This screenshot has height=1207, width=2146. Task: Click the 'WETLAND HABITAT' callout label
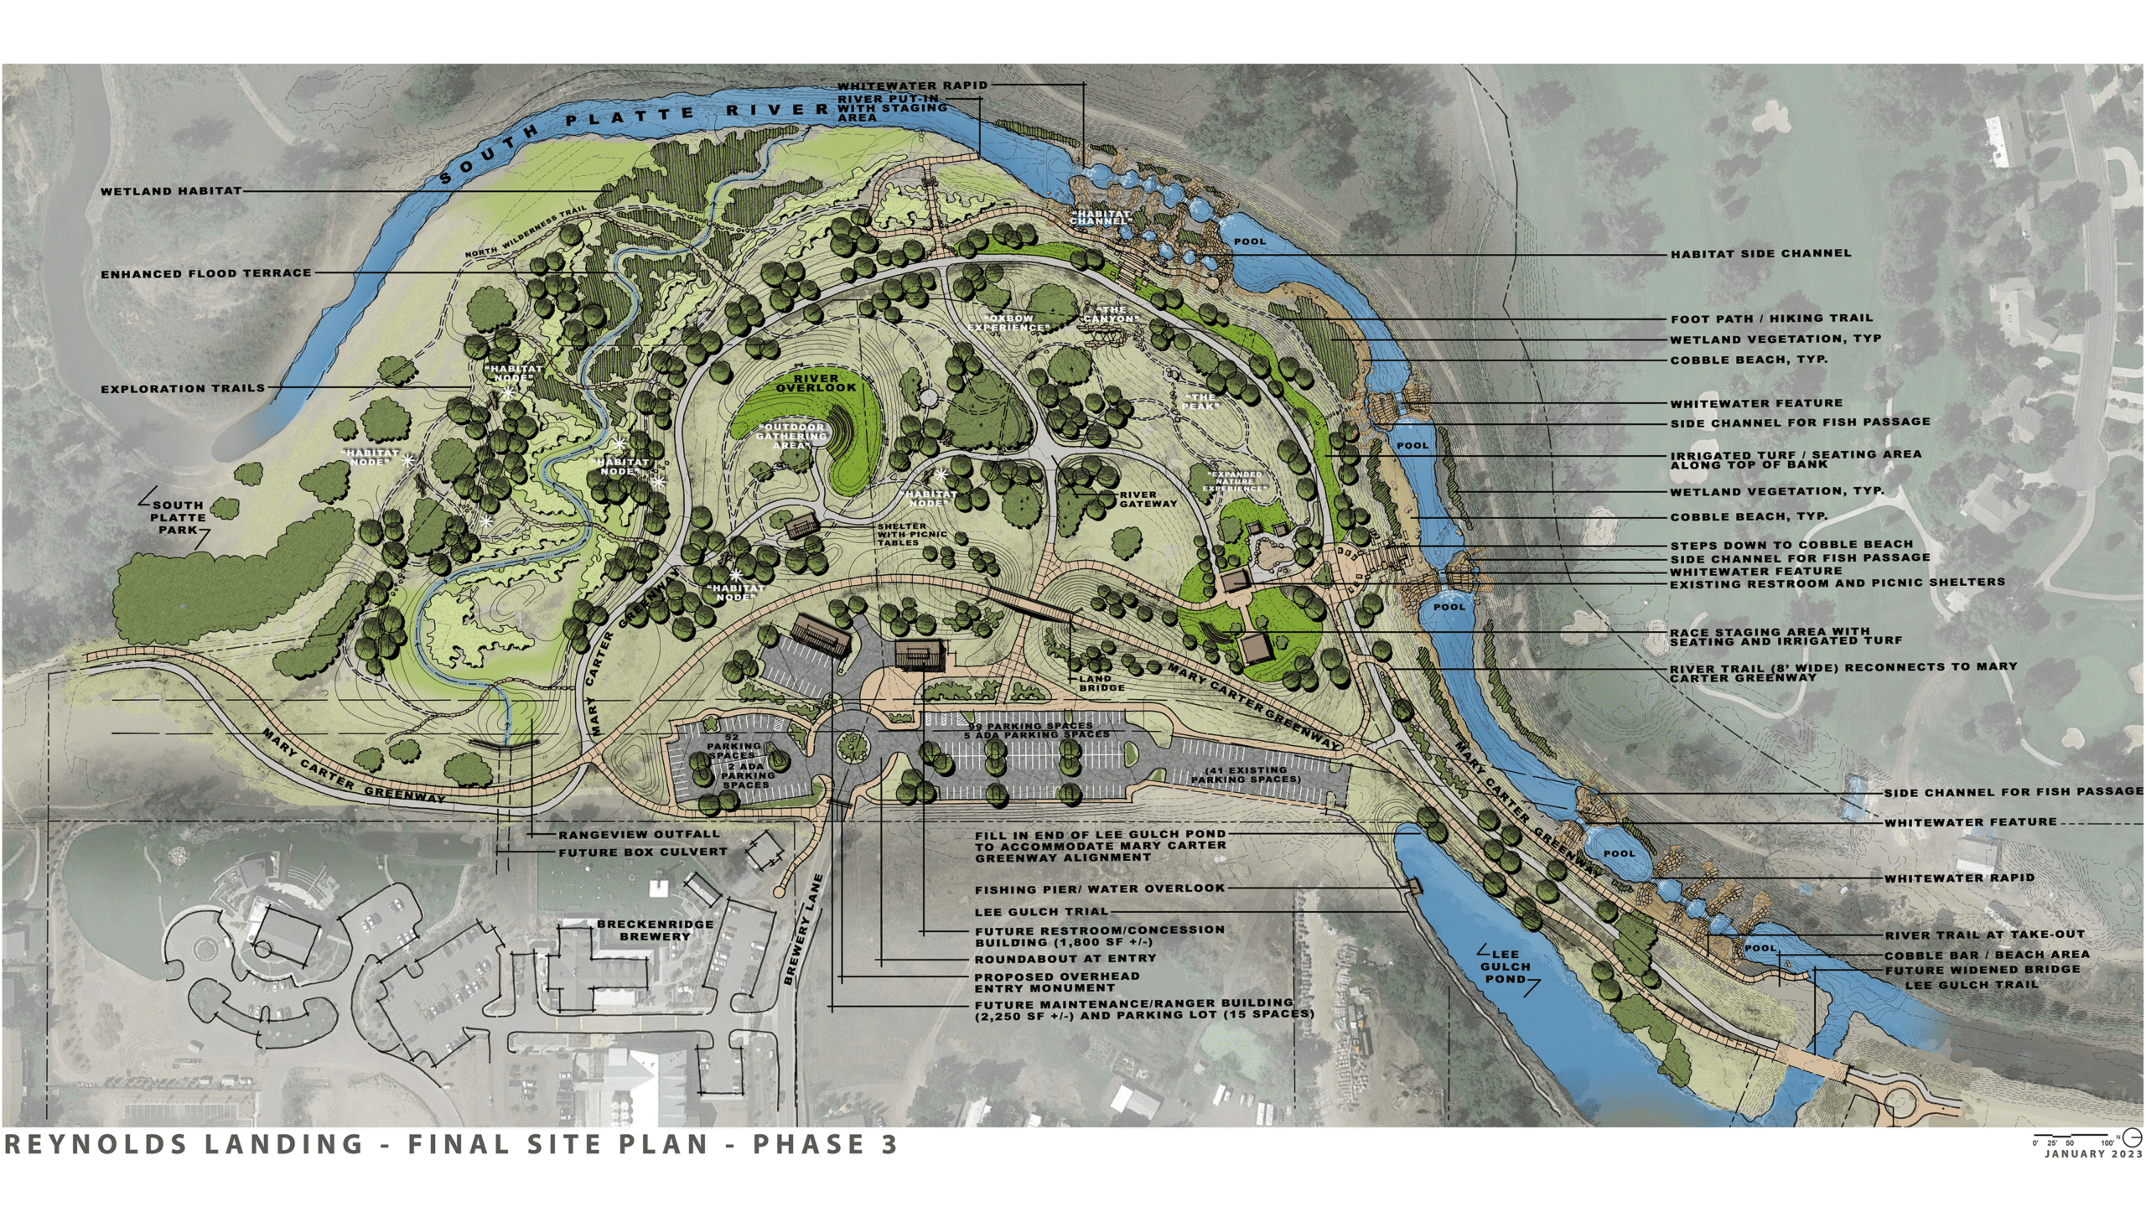171,192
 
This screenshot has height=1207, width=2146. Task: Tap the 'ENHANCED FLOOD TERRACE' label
206,274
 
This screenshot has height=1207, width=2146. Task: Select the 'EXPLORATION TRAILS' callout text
183,389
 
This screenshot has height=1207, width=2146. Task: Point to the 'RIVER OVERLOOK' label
816,384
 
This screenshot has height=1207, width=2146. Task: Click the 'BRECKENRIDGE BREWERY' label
655,930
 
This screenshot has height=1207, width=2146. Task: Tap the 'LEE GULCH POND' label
1506,966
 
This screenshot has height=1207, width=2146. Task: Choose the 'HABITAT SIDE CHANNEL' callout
1760,253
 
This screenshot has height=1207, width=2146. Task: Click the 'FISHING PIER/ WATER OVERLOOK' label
1100,888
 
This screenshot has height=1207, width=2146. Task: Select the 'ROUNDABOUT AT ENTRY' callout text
1065,958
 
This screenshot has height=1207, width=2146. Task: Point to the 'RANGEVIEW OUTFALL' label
639,835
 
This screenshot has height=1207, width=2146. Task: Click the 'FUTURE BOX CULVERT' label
643,852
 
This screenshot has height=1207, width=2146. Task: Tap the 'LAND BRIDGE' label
1101,683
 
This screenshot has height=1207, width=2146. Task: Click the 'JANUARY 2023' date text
2093,1154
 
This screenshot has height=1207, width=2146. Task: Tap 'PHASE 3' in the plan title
825,1145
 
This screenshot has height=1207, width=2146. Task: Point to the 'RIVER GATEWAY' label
1148,500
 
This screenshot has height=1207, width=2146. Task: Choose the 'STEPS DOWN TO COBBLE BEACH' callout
1791,545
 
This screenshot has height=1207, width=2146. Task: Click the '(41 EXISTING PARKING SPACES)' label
1246,774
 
